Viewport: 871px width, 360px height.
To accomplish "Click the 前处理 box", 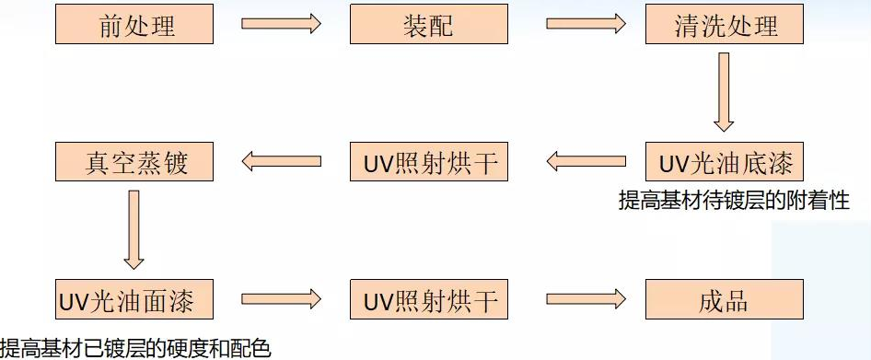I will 134,24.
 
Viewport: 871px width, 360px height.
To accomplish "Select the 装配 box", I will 429,24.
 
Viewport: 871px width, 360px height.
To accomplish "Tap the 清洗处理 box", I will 724,24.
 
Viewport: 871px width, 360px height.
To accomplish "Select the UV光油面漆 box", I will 134,300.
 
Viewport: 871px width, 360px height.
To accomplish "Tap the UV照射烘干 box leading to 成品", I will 429,300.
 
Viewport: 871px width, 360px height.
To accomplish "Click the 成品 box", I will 724,300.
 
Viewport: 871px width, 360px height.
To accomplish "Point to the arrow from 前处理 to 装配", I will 281,24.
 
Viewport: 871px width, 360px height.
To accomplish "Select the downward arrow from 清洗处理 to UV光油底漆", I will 724,92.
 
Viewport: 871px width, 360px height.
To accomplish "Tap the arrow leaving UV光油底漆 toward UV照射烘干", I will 585,162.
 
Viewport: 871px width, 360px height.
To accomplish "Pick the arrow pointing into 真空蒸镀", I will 281,162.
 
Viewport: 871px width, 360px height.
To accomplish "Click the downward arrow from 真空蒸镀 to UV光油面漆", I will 134,229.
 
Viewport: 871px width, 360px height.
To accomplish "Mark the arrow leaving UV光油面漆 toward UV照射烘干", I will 281,300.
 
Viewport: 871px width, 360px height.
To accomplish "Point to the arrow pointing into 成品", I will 585,300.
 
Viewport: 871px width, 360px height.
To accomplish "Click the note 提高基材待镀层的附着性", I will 733,201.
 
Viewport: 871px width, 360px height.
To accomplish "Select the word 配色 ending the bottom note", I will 250,348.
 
